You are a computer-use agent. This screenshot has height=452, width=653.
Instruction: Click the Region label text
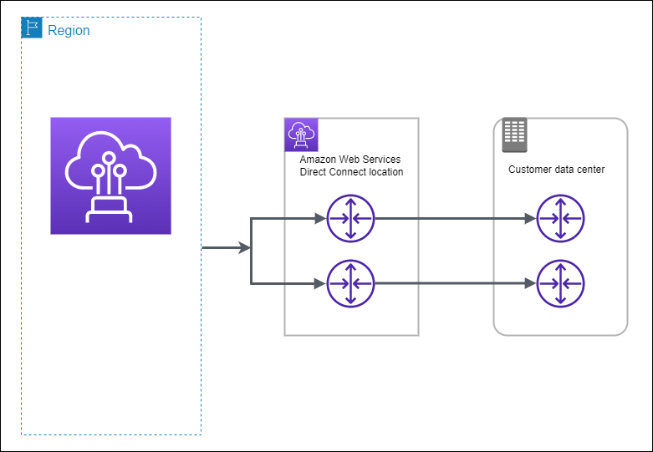(69, 31)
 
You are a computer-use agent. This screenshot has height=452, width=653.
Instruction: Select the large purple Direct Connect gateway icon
(110, 175)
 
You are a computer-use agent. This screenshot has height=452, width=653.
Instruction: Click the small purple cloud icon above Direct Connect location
(301, 135)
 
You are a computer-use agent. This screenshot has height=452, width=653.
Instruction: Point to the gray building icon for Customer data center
(513, 135)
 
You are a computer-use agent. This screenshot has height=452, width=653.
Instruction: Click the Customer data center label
(556, 170)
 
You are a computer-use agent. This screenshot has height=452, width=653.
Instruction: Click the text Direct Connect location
(351, 172)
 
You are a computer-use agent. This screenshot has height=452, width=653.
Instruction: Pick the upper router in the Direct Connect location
(351, 219)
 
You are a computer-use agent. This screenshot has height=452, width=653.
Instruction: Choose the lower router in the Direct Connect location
(351, 284)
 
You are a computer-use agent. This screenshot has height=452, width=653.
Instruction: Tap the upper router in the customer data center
(560, 219)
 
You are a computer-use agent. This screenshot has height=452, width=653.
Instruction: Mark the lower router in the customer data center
(560, 284)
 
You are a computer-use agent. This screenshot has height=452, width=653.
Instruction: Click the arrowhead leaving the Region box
(245, 248)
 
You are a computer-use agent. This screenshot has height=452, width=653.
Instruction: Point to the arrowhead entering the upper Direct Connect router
(320, 219)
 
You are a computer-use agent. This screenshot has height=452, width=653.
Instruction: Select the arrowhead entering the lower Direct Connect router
(320, 284)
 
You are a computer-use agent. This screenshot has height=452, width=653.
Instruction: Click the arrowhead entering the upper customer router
(530, 219)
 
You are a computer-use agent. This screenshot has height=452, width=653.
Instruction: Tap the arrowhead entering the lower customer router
(530, 284)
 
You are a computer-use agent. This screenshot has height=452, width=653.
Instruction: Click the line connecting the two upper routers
(451, 219)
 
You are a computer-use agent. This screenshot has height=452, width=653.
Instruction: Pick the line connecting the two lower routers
(451, 284)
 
